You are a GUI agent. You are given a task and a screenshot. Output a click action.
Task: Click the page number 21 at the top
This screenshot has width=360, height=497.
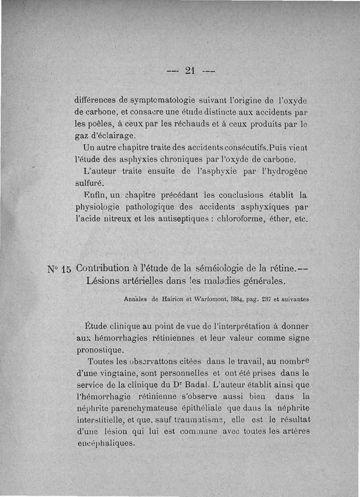pyautogui.click(x=189, y=71)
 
